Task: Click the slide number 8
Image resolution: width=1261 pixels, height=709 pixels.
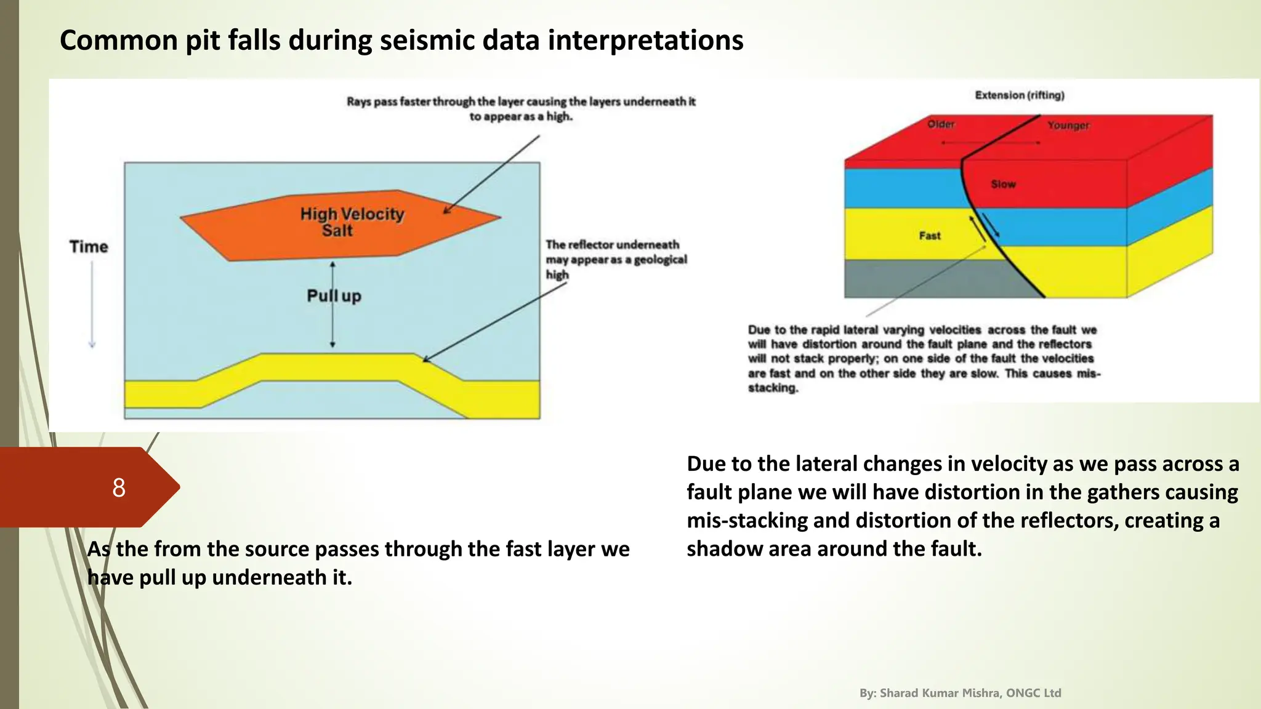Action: coord(119,487)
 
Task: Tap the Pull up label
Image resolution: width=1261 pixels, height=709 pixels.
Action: coord(334,296)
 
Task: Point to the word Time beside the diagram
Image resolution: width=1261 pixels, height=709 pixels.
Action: coord(89,247)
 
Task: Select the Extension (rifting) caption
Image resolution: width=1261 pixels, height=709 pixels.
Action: coord(1019,95)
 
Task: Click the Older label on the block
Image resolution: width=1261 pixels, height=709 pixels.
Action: coord(941,124)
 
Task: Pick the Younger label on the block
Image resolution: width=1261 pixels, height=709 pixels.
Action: coord(1068,126)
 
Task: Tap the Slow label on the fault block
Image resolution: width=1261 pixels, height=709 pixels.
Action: coord(1003,184)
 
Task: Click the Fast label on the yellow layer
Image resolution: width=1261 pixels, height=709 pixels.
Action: coord(929,236)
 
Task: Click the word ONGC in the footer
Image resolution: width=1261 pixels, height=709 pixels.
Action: coord(1021,693)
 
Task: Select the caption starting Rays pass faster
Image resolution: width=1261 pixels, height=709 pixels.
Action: coord(521,109)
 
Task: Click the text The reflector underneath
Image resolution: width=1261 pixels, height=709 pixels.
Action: coord(612,245)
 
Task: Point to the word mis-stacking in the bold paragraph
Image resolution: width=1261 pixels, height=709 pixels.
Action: coord(747,521)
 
